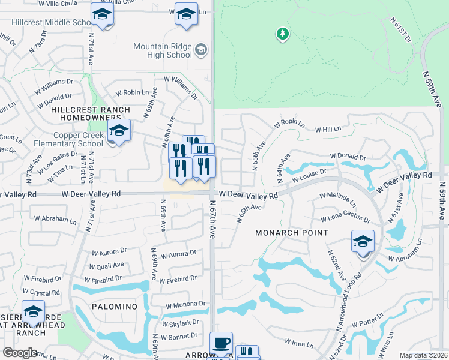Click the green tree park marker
click(282, 34)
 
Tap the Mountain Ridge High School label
click(162, 50)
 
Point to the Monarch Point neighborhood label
click(292, 232)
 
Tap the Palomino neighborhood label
click(115, 306)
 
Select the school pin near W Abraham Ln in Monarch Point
click(363, 242)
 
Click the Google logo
click(20, 352)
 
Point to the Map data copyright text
click(423, 355)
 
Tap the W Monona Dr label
click(186, 304)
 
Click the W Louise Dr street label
click(309, 175)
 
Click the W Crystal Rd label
click(43, 292)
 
